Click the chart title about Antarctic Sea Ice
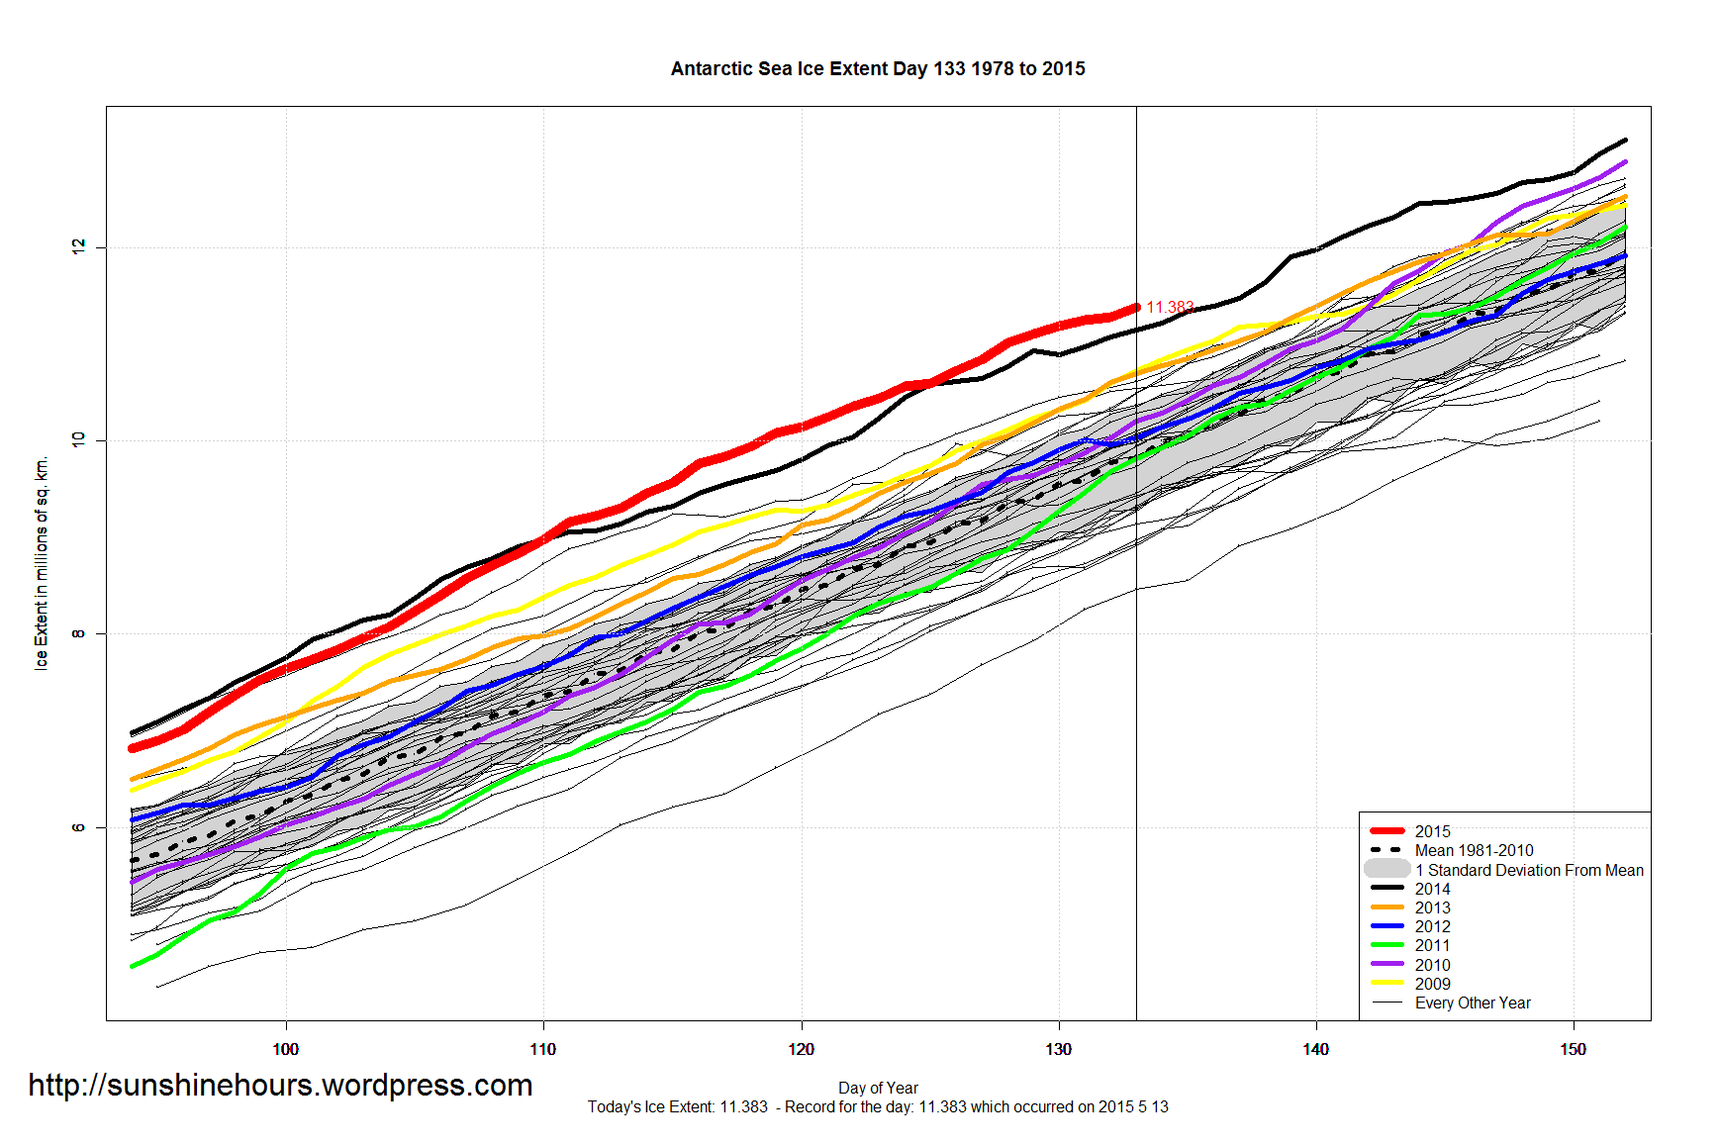(878, 69)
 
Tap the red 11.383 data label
(1170, 307)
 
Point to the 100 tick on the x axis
(285, 1049)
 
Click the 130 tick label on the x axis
(1058, 1049)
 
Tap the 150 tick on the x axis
(1573, 1049)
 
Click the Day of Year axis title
(878, 1088)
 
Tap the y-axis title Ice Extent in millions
(42, 564)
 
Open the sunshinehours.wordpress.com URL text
(280, 1086)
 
